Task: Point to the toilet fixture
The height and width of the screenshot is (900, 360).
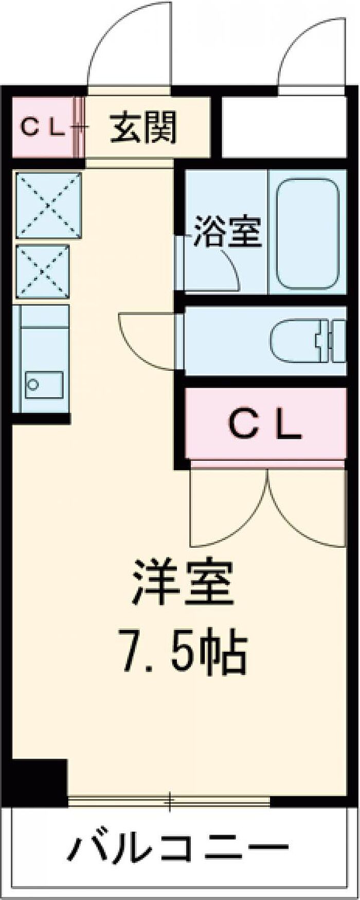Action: (305, 340)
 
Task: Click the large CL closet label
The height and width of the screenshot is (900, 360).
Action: (264, 425)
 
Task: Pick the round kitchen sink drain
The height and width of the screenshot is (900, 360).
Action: (33, 384)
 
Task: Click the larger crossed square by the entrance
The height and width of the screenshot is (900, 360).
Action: (49, 205)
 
